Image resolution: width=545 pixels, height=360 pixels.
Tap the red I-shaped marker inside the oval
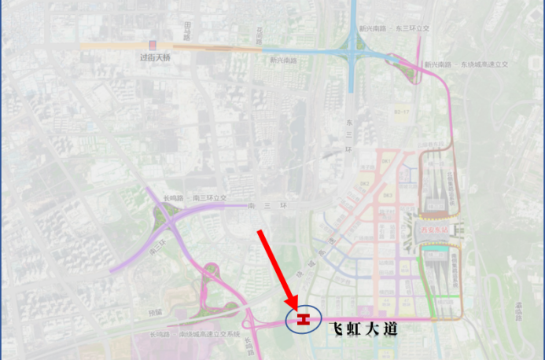pos(304,318)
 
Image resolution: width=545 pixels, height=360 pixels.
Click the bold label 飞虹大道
pos(362,329)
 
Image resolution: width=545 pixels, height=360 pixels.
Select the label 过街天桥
pos(155,57)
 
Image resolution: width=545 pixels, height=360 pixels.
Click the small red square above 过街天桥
pos(154,45)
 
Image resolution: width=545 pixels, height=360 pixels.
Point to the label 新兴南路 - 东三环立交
pos(393,28)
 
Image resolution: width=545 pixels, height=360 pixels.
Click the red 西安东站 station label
pos(433,230)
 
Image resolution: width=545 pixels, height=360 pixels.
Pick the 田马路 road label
pos(187,31)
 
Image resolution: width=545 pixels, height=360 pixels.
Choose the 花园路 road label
pos(259,35)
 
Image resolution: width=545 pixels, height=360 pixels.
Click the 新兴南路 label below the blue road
pos(283,60)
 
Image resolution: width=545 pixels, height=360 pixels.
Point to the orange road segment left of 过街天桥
pos(110,46)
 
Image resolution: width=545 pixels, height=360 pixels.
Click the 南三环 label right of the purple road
pos(259,207)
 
